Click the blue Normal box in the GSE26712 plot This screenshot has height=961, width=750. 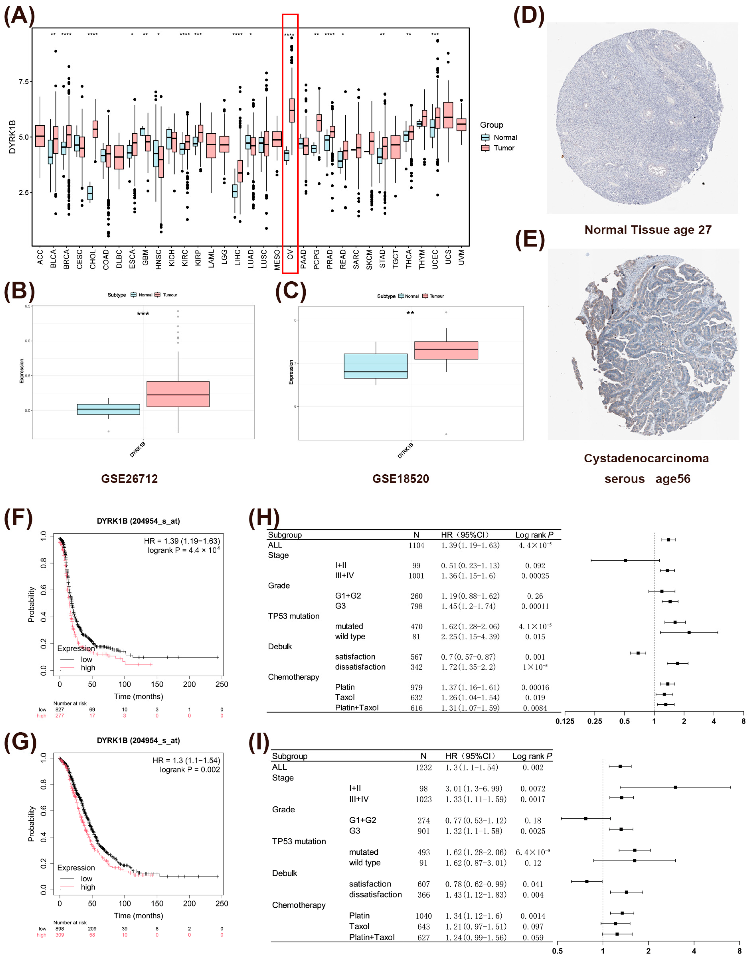(x=108, y=409)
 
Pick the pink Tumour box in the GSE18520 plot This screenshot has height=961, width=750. (x=446, y=350)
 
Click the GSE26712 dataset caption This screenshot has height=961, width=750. (x=129, y=479)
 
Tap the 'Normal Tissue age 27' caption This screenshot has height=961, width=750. (x=648, y=230)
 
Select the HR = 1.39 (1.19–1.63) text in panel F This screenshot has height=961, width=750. (x=182, y=541)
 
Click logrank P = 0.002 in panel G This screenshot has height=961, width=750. (x=190, y=770)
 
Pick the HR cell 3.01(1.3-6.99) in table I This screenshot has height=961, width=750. (x=475, y=789)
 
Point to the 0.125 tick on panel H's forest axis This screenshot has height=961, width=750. (x=565, y=721)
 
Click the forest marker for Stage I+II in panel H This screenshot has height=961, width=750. (x=625, y=560)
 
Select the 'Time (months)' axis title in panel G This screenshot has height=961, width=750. (x=138, y=916)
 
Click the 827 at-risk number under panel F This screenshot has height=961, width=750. (x=59, y=709)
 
